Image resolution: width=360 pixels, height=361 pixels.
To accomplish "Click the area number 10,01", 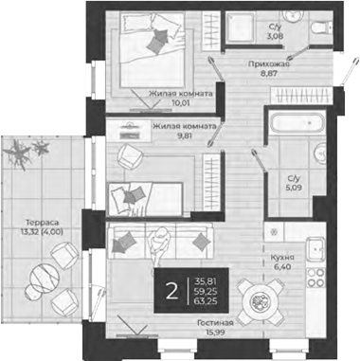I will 181,106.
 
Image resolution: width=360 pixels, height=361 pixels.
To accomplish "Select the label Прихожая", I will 268,63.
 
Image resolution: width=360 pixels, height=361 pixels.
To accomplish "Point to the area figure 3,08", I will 275,37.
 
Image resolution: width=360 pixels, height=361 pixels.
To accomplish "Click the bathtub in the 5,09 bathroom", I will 283,126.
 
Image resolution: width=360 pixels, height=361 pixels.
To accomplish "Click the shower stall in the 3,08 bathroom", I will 244,33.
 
